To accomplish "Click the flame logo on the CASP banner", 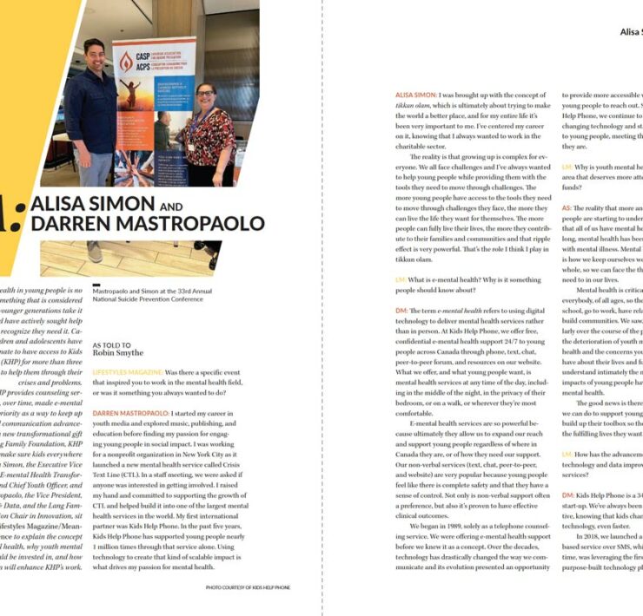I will pos(127,60).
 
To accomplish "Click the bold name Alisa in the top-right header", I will pos(629,31).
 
